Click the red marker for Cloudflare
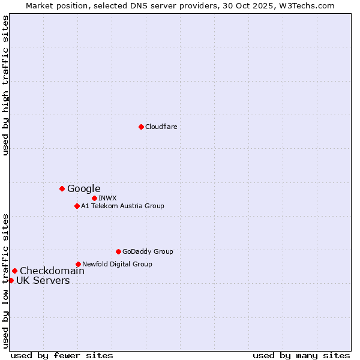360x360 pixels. [x=141, y=127]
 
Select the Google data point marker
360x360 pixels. [x=62, y=188]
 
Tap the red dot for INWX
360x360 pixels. [x=94, y=198]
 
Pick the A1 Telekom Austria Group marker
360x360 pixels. [x=77, y=206]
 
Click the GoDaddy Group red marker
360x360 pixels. [x=118, y=251]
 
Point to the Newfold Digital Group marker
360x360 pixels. [x=78, y=264]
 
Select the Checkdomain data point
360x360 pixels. [x=14, y=271]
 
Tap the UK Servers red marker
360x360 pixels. [x=11, y=280]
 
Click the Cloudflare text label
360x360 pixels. [x=161, y=127]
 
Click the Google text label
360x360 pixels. [x=83, y=188]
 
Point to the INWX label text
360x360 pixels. [x=107, y=198]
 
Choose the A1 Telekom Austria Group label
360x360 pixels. [x=122, y=206]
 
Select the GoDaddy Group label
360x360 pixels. [x=148, y=251]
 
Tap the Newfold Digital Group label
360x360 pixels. [x=117, y=264]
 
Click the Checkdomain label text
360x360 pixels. [x=52, y=271]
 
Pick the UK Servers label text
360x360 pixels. [x=43, y=280]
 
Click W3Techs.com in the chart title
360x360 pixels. [x=305, y=5]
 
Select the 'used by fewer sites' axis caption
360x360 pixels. [x=62, y=355]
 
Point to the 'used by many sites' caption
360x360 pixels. [x=301, y=355]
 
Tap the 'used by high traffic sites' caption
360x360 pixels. [x=5, y=85]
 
